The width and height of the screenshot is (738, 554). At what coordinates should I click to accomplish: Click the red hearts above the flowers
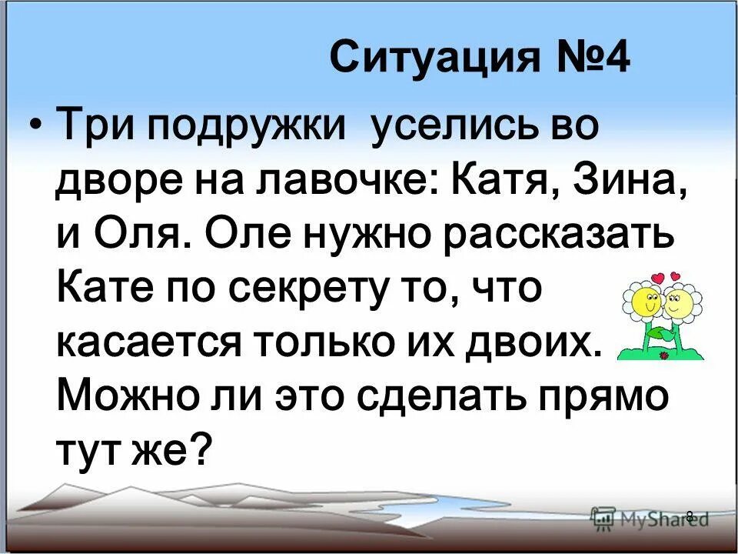coord(666,276)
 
